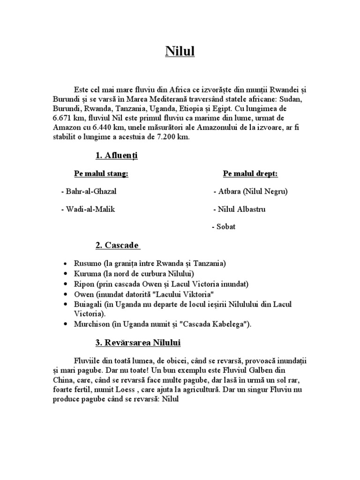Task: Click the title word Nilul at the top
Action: coord(180,51)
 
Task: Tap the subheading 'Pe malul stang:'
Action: coord(101,174)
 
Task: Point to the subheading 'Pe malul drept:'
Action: coord(250,174)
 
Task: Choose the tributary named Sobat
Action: coord(226,227)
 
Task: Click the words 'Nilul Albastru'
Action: coord(241,209)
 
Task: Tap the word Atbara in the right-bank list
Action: coord(230,192)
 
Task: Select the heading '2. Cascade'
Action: coord(117,245)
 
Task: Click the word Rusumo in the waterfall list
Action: coord(86,263)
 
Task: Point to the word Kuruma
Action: coord(87,273)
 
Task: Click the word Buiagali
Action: coord(88,304)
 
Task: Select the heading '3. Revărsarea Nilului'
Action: coord(138,343)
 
